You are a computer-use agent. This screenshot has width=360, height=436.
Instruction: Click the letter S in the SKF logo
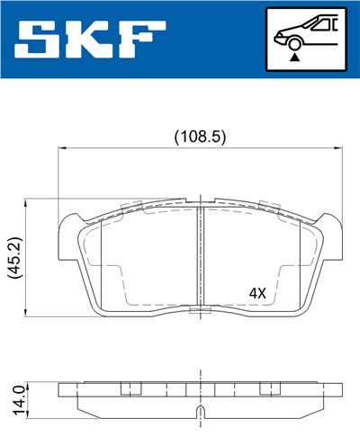coord(43,38)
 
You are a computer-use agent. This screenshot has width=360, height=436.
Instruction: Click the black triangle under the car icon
coord(294,57)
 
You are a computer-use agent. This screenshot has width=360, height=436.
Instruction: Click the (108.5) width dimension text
coord(199,137)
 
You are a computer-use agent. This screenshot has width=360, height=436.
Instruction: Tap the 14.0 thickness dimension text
coord(13,396)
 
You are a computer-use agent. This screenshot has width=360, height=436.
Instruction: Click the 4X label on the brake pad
coord(258,293)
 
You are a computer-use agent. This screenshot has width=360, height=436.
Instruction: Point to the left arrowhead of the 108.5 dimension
coord(62,147)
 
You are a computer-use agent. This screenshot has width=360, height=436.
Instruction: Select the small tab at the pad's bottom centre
coord(198,311)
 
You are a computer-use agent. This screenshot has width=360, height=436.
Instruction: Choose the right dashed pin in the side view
coord(266,389)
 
